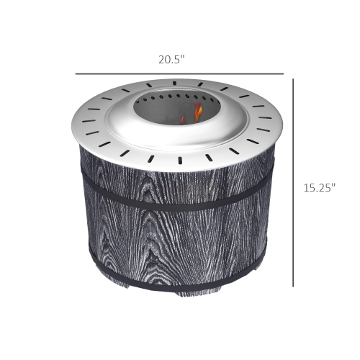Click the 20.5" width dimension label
point(172,60)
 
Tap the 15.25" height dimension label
point(320,188)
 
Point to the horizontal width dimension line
point(179,74)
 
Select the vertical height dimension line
point(293,180)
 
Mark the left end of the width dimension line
point(76,74)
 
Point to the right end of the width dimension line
point(283,74)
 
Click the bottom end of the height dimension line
point(293,286)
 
